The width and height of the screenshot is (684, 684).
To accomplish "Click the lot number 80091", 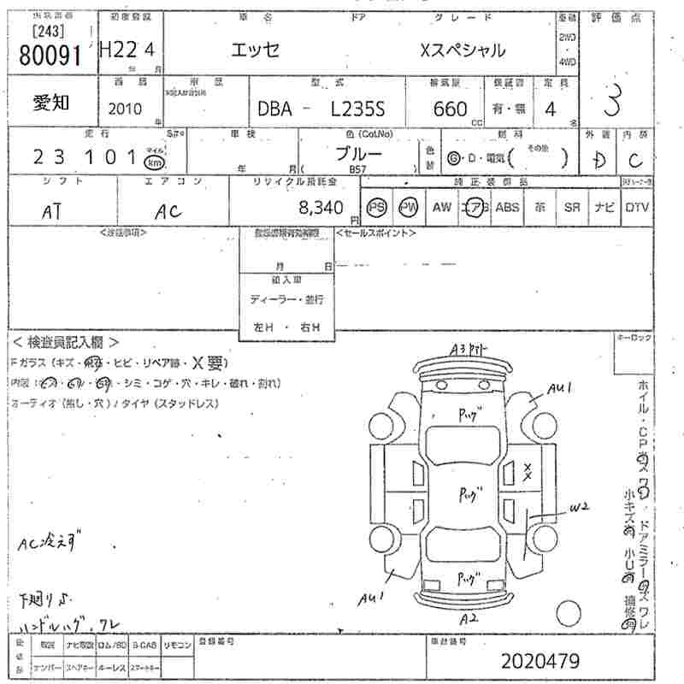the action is (49, 56).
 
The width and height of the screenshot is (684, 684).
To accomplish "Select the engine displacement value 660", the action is (451, 109).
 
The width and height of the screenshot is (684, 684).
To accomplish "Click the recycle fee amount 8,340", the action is (321, 208).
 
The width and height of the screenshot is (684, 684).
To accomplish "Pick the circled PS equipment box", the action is (376, 207).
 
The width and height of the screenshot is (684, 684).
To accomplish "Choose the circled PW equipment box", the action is (409, 207).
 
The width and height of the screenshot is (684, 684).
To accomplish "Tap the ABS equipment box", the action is (507, 207).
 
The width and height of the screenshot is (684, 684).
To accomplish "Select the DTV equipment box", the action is (636, 207).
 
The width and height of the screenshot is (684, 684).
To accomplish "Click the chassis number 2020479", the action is (540, 661).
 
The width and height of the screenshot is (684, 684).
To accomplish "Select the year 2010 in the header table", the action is (126, 109).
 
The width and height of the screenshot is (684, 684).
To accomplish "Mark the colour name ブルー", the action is (358, 154).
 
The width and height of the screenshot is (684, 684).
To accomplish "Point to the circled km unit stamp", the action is (154, 162).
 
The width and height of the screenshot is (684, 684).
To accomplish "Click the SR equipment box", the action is (572, 207).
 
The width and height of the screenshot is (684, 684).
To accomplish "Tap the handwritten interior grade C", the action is (634, 158).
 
